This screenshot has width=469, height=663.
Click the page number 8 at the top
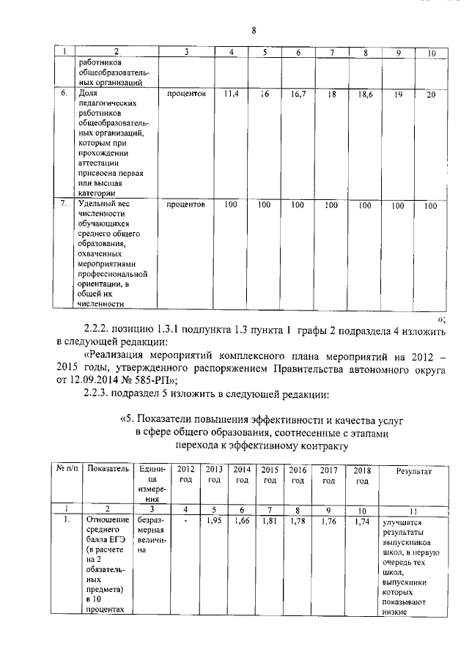tap(253, 30)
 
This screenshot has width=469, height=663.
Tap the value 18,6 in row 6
tap(365, 95)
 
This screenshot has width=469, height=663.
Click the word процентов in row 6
tap(186, 95)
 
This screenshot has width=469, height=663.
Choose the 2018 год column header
tap(361, 475)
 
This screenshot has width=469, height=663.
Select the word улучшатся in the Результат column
tap(395, 524)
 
